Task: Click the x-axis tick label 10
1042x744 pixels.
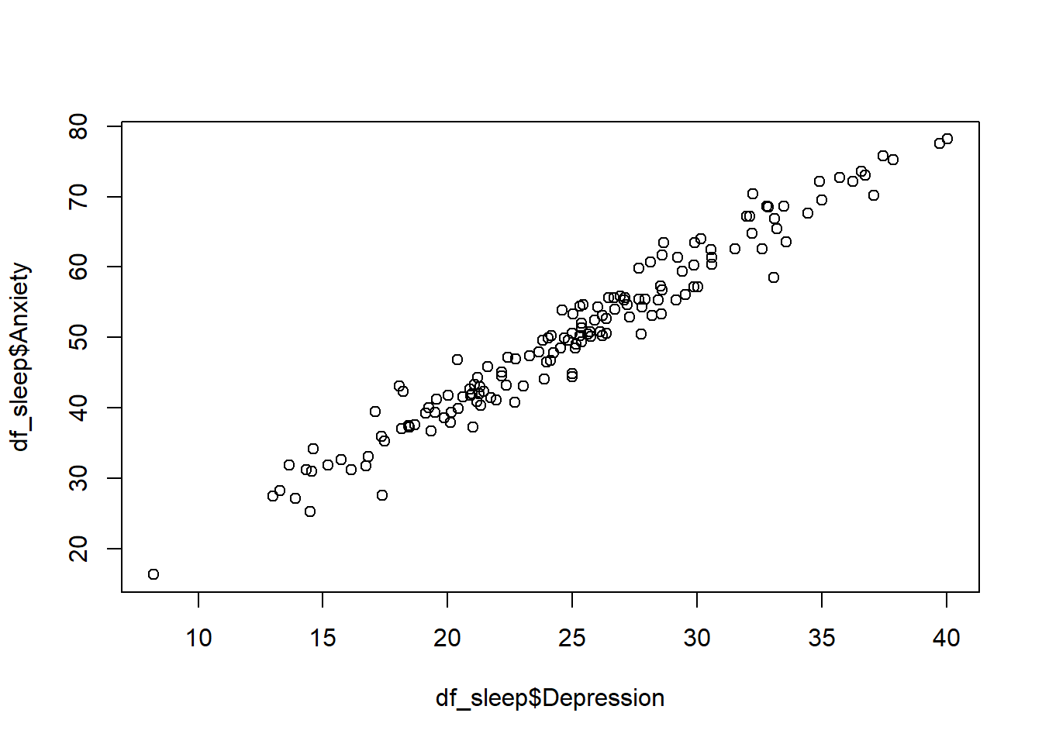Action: coord(198,638)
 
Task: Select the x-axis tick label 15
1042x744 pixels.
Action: coord(323,638)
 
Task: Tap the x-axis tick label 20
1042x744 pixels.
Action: coord(447,638)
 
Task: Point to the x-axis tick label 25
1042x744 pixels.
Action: coord(572,638)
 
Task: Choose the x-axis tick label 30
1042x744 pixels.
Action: coord(697,638)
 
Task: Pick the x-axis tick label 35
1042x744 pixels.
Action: coord(822,638)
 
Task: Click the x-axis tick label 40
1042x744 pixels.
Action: coord(947,638)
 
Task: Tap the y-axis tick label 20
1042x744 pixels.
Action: coord(79,549)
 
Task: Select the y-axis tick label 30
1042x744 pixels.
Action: coord(79,478)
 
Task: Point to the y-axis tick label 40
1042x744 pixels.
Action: coord(79,408)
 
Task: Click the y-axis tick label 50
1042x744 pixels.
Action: coord(79,337)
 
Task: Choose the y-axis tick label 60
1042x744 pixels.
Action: coord(79,267)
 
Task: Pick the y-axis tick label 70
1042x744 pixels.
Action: coord(79,197)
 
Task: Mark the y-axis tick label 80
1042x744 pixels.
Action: coord(79,126)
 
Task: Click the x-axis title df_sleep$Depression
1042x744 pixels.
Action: coord(550,698)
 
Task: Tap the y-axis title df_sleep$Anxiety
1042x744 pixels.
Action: coord(21,356)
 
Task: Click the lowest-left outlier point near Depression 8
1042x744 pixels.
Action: coord(154,574)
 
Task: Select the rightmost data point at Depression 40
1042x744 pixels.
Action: coord(947,139)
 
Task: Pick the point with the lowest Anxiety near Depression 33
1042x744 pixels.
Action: coord(774,277)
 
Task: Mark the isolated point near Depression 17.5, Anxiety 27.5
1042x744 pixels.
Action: coord(382,495)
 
